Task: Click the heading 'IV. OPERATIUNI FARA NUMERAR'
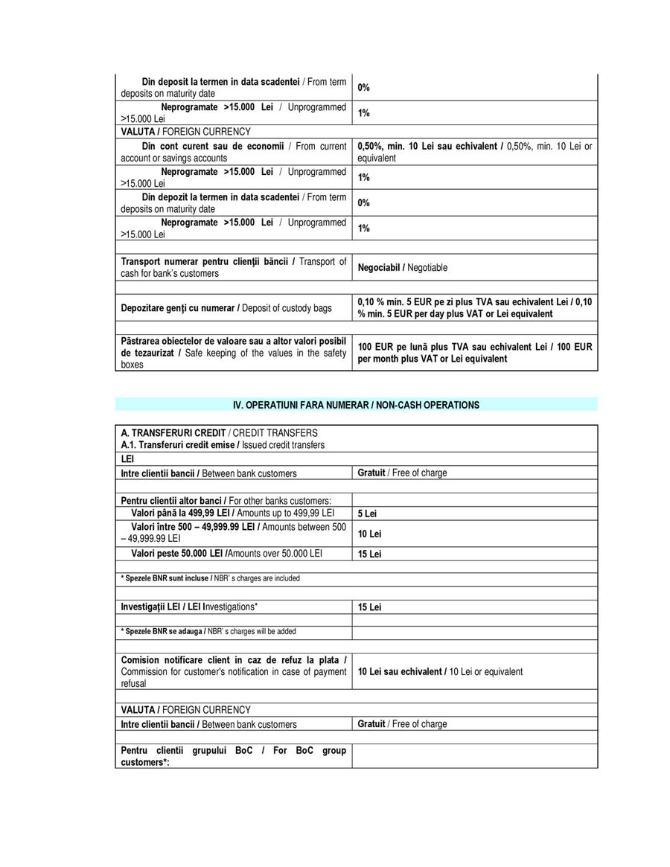[356, 405]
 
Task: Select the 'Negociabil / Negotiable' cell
[403, 267]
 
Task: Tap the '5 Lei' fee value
[367, 514]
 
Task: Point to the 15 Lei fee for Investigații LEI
[369, 607]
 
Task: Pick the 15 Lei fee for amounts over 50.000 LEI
[369, 554]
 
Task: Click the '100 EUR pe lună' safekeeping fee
[474, 353]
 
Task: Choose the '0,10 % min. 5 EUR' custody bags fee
[474, 308]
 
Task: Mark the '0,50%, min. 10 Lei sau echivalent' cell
[474, 152]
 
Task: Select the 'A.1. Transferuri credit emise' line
[223, 445]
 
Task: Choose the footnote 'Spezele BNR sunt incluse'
[210, 578]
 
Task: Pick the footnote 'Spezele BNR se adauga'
[208, 631]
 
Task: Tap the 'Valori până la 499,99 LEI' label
[232, 514]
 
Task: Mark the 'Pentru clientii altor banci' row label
[226, 500]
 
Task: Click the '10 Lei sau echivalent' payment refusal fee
[440, 671]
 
